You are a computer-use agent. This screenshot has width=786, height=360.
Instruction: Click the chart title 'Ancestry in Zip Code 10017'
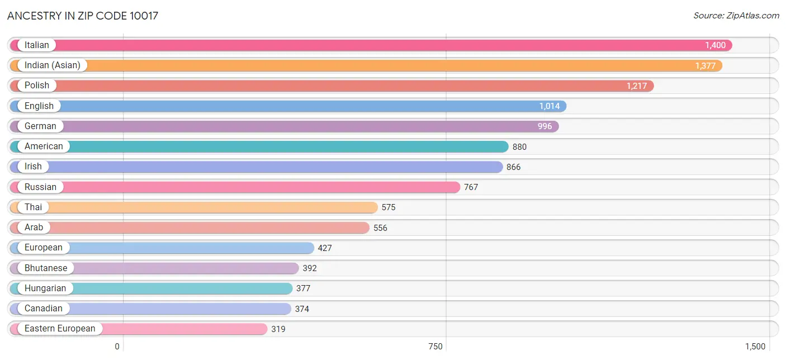coord(83,16)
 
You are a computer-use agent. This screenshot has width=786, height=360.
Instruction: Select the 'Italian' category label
coord(37,45)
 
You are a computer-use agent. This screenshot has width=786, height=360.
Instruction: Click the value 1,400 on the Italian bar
coord(715,45)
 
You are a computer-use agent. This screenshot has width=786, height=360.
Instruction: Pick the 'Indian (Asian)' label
coord(53,65)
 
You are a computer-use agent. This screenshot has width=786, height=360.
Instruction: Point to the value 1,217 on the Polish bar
coord(637,86)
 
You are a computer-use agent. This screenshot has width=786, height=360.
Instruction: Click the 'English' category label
coord(39,106)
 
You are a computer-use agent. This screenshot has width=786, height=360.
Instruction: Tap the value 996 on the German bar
coord(544,126)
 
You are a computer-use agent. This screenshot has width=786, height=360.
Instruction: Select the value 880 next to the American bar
coord(519,147)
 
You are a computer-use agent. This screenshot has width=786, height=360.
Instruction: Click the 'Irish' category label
coord(33,167)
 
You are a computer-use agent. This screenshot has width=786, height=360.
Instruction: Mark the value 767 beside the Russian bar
coord(471,187)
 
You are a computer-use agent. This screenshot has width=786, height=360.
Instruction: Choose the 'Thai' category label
coord(34,207)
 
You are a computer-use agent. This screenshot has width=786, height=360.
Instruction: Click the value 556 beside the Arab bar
coord(380,228)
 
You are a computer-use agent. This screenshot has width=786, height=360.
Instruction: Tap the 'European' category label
coord(44,248)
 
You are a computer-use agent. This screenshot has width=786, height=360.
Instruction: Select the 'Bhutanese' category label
coord(46,268)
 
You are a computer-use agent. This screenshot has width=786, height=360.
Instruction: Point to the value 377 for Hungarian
coord(304,288)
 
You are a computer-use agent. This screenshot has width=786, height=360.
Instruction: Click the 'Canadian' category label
coord(44,309)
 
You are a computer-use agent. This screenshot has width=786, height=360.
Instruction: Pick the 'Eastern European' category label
coord(60,329)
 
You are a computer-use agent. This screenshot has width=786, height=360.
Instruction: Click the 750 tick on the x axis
coord(435,347)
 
